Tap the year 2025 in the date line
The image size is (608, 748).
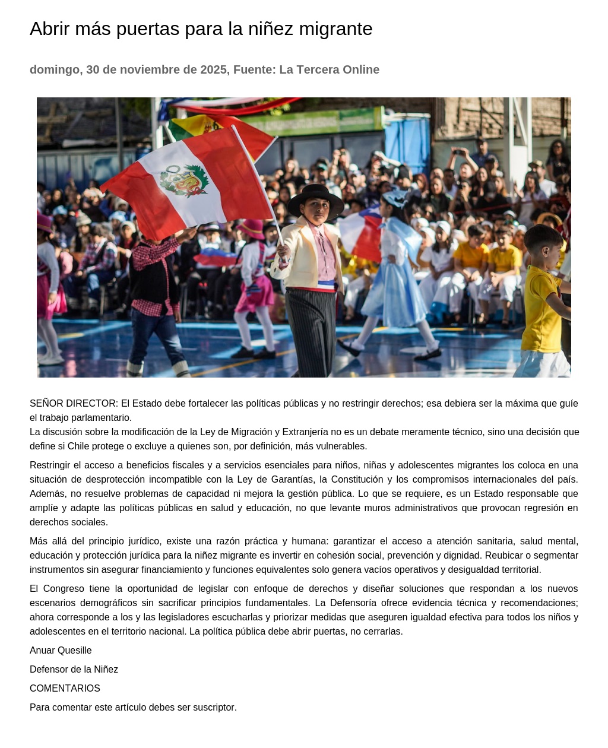point(213,70)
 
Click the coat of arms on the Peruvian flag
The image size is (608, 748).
point(184,181)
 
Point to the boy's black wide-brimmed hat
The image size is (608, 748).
point(315,198)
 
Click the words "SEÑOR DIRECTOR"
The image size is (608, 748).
point(74,404)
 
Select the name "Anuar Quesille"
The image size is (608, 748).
point(61,651)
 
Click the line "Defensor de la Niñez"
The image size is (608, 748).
point(74,670)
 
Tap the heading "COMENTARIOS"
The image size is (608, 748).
point(65,689)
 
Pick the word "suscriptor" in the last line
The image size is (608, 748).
point(214,708)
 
